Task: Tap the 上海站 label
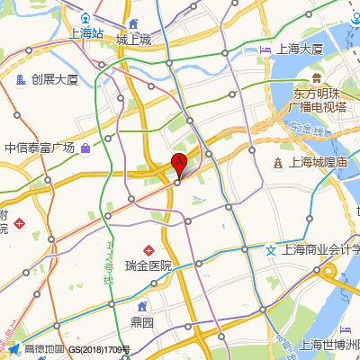click(x=86, y=33)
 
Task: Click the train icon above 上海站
click(x=86, y=18)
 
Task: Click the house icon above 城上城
click(x=133, y=23)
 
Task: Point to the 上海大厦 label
click(x=300, y=49)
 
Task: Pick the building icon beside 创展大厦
click(x=21, y=80)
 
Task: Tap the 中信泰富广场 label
click(x=38, y=148)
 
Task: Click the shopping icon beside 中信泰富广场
click(x=84, y=148)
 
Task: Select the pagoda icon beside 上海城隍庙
click(x=278, y=162)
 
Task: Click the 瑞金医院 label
click(x=148, y=265)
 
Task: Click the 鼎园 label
click(x=142, y=321)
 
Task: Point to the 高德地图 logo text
click(x=44, y=349)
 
